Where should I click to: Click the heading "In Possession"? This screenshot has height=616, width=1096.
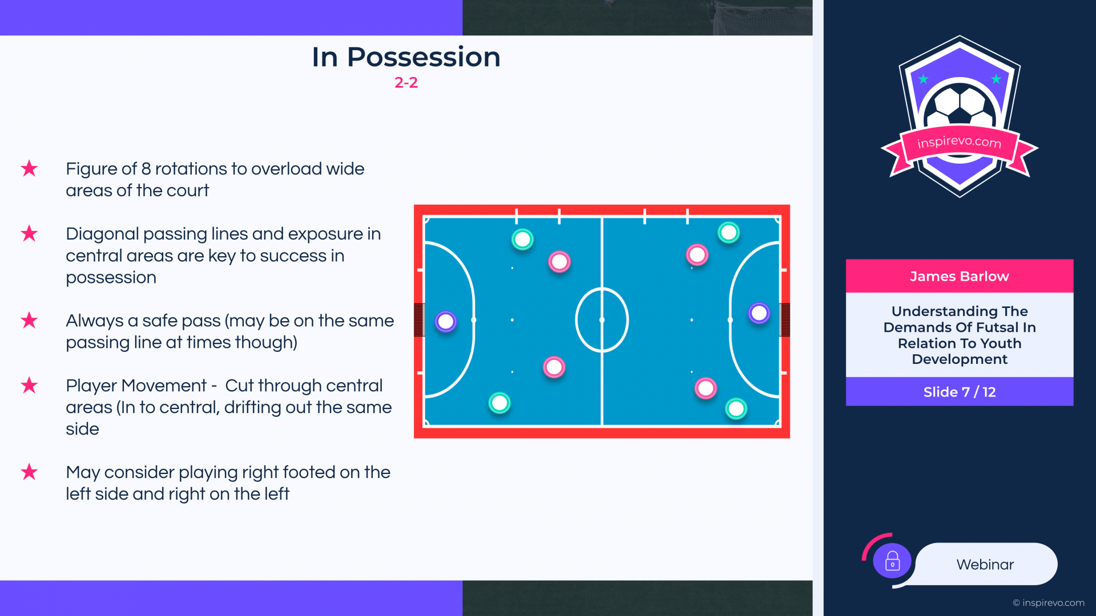tap(406, 57)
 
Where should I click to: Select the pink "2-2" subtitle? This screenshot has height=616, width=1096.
tap(406, 83)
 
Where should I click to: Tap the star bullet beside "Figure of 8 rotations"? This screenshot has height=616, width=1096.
tap(29, 169)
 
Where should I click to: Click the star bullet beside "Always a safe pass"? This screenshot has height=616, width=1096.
tap(29, 321)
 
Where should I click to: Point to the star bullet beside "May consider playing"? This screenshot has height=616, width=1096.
tap(29, 472)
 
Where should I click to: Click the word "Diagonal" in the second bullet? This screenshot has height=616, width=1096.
tap(103, 234)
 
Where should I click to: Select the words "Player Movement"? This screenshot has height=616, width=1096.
tap(136, 386)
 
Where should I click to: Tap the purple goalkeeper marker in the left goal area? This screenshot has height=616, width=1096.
tap(446, 322)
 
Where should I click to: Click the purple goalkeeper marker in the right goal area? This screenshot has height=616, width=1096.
tap(759, 313)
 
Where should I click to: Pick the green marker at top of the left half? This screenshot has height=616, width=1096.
tap(522, 240)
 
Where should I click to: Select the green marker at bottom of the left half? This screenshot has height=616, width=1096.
tap(499, 403)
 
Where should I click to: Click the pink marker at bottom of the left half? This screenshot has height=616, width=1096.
tap(554, 367)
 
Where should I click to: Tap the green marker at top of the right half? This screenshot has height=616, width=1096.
tap(728, 233)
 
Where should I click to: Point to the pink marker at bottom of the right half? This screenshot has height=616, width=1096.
tap(706, 388)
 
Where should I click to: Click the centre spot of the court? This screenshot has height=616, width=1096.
tap(602, 320)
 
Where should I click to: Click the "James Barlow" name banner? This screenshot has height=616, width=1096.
tap(959, 276)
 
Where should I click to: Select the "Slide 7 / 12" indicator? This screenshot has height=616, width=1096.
tap(959, 392)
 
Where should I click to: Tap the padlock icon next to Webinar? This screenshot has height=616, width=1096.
tap(892, 561)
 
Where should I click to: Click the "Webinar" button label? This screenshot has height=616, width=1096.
tap(985, 565)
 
